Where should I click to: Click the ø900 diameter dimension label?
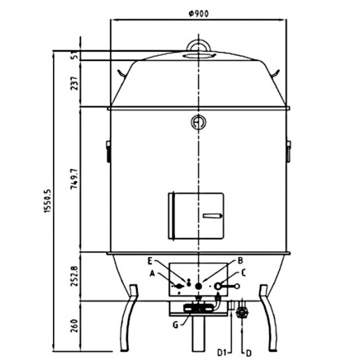(x=198, y=15)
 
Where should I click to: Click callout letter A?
(x=154, y=272)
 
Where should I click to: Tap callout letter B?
(x=241, y=261)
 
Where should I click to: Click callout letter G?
(x=175, y=324)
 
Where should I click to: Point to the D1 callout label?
(x=224, y=344)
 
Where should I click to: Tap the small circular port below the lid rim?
(x=198, y=122)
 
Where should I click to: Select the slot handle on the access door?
(x=211, y=216)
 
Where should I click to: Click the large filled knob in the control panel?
(x=198, y=286)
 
